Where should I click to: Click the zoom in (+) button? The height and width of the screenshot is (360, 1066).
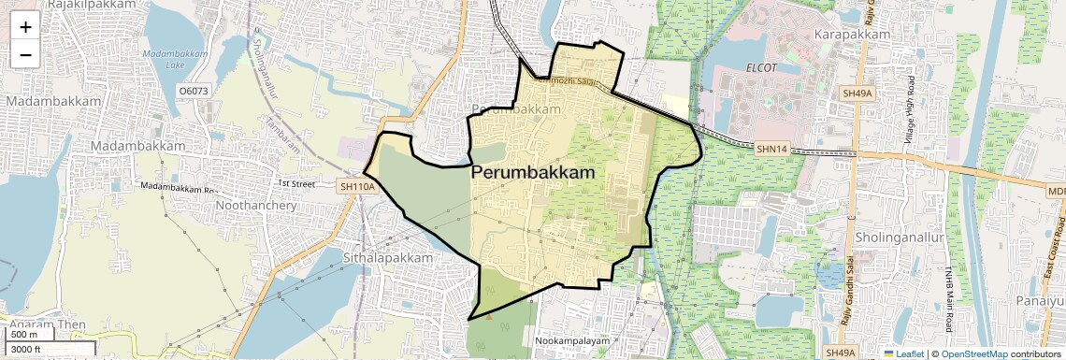pyautogui.click(x=25, y=27)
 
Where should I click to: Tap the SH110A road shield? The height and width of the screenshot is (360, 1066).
pyautogui.click(x=357, y=187)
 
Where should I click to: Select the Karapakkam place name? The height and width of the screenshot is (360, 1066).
pyautogui.click(x=851, y=35)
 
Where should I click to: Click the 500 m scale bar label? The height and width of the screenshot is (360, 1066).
pyautogui.click(x=25, y=335)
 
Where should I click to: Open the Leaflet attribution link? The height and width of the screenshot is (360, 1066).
pyautogui.click(x=903, y=354)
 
